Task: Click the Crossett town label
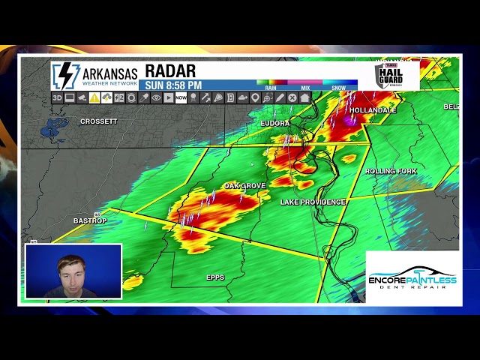[x=99, y=121]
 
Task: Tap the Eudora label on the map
[x=274, y=123]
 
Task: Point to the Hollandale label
[x=373, y=110]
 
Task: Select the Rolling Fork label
[x=391, y=172]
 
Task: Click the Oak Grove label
[x=244, y=186]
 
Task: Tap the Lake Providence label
[x=313, y=202]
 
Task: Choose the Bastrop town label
[x=90, y=221]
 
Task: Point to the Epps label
[x=215, y=277]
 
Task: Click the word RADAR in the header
[x=170, y=71]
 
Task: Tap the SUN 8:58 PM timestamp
[x=173, y=85]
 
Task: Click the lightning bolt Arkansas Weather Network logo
[x=66, y=76]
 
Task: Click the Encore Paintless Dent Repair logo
[x=412, y=278]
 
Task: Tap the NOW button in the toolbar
[x=181, y=97]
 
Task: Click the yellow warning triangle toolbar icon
[x=94, y=97]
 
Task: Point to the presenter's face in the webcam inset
[x=70, y=269]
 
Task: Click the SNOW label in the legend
[x=339, y=88]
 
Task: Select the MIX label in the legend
[x=305, y=88]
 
